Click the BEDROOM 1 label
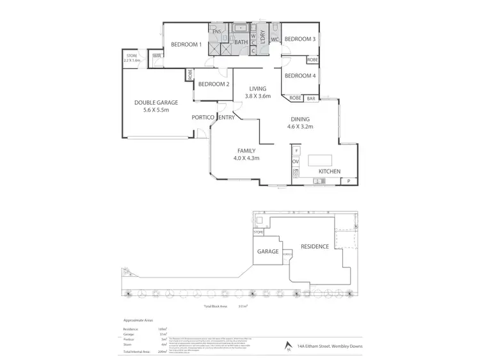186,44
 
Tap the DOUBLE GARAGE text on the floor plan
156,102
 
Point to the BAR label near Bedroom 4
312,98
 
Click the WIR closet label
156,56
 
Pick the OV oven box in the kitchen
296,162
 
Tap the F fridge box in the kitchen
296,150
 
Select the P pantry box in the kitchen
348,182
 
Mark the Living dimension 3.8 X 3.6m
258,96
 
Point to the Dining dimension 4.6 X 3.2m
300,127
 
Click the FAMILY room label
246,150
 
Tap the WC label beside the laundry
274,40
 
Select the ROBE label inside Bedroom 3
312,59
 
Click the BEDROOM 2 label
213,84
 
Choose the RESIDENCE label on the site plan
315,246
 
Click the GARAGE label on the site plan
268,251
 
